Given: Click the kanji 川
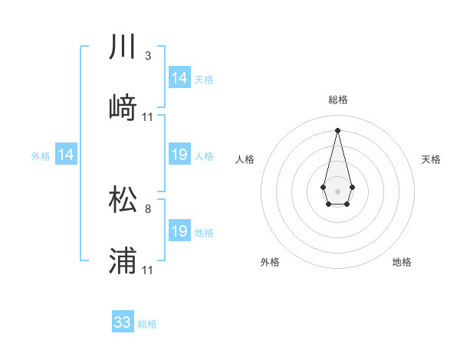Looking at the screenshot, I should (123, 47).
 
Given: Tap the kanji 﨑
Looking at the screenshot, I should (123, 107).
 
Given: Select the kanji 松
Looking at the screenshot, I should (123, 199).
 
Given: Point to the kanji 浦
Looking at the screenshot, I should (123, 261).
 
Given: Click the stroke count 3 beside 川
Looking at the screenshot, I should (147, 56).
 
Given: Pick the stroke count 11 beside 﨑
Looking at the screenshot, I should (148, 116).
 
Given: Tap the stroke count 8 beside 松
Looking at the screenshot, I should (147, 208).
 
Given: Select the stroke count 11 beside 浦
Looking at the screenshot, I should (148, 270).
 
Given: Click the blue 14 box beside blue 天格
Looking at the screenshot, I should (179, 78).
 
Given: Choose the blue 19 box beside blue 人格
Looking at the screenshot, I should (179, 155).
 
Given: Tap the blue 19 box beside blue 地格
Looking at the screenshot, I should (179, 231).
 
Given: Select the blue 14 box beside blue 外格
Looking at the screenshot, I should (66, 155).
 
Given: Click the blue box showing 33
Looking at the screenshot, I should (123, 322).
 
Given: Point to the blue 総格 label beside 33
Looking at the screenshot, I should (147, 324).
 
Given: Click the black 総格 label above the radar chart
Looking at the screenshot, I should (337, 100).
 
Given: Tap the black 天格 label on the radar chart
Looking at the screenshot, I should (431, 159).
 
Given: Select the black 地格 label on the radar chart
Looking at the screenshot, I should (402, 262).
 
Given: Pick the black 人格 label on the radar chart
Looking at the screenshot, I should (245, 159).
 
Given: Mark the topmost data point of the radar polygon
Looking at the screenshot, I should (337, 129).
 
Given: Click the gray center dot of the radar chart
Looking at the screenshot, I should (337, 190).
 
